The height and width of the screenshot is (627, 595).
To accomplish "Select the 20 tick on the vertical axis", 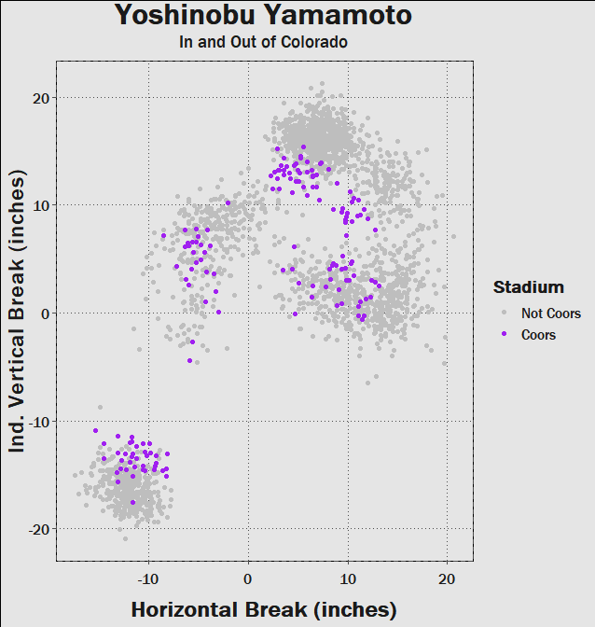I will tap(39, 98).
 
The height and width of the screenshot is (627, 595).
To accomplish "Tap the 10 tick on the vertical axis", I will tap(39, 205).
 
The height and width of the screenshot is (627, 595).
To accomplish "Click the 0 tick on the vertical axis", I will tap(44, 313).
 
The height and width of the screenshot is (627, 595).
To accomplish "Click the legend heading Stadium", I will tap(528, 286).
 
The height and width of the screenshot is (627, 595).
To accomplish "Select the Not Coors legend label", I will tap(550, 313).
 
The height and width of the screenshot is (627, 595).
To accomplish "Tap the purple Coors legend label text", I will tap(538, 335).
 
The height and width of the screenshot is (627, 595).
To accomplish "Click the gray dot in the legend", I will tap(504, 313).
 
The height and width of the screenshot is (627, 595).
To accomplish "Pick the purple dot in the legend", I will tap(504, 335).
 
